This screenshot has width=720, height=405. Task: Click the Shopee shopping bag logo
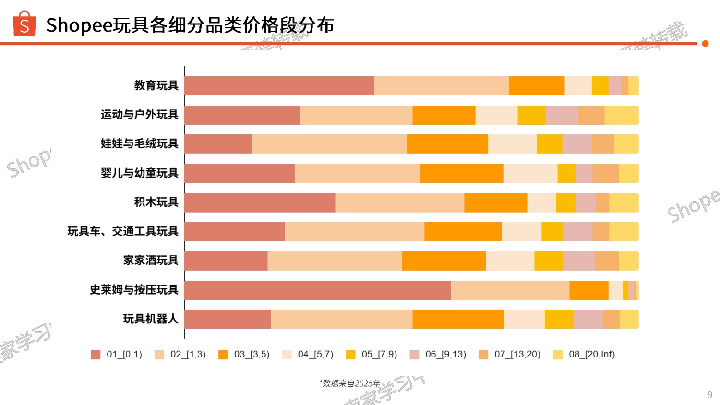coord(24,24)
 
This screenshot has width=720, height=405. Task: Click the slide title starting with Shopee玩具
coord(190,25)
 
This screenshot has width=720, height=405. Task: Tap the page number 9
coord(709,395)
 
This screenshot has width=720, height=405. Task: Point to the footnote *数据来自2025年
coord(349,383)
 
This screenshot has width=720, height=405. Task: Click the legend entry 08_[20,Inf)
coord(585,355)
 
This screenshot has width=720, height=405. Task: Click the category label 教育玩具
coord(156,85)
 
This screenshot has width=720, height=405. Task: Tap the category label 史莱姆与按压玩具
coord(134,290)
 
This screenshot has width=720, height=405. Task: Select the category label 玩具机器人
coord(150,319)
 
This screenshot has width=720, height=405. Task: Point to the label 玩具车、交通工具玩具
coord(122,231)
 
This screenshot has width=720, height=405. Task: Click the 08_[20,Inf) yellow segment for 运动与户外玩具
coord(621,115)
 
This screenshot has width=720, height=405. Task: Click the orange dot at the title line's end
coord(705,44)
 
